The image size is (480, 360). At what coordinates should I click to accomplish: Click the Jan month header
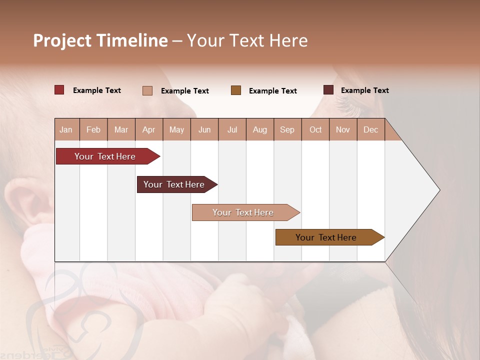coord(66,129)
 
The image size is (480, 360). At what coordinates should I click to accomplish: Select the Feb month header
coord(93,129)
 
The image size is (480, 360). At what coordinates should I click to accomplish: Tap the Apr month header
coord(148,129)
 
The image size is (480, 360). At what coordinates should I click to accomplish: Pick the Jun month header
coord(204,129)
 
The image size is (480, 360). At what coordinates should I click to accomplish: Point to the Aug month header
coord(259,129)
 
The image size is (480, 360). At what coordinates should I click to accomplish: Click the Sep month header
coord(287,129)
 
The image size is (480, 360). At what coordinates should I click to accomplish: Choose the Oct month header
coord(315,129)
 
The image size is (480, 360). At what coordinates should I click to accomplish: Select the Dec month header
coord(370,129)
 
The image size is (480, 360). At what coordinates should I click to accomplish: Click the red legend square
coord(59,90)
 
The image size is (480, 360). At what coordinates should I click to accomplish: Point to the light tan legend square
coord(147,90)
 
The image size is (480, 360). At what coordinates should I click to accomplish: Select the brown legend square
coord(236,90)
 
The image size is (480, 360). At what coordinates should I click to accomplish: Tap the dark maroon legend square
coord(328,90)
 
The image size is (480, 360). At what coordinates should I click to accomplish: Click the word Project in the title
coord(62,40)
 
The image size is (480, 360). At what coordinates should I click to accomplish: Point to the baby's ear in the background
coord(25,205)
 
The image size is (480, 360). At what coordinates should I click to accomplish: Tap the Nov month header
coord(343,129)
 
